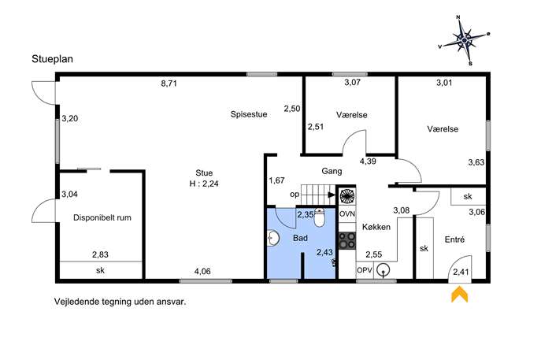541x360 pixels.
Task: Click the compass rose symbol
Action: [465, 40]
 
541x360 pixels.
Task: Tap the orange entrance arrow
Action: [460, 295]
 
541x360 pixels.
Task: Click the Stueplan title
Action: [53, 59]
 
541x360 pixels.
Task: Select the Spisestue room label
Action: [249, 114]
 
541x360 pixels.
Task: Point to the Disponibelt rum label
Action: [102, 217]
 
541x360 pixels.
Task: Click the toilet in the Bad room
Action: [320, 217]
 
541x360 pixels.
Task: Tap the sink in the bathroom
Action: [273, 238]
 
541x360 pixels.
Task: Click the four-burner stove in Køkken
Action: [347, 240]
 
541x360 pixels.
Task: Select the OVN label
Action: [347, 214]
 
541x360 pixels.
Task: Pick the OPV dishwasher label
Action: [365, 270]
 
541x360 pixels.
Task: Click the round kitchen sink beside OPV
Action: [383, 270]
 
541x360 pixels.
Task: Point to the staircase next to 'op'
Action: [318, 195]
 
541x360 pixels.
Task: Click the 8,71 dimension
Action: [169, 84]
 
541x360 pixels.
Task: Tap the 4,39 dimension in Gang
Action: [368, 161]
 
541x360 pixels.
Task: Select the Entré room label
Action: [454, 239]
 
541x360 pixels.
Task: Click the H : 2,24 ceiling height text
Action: [204, 184]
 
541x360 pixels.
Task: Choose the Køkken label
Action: [376, 227]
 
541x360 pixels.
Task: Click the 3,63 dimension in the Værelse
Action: [476, 162]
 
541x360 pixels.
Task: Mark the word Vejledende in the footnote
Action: [76, 302]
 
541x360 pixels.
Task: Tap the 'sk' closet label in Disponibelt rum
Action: [100, 270]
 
